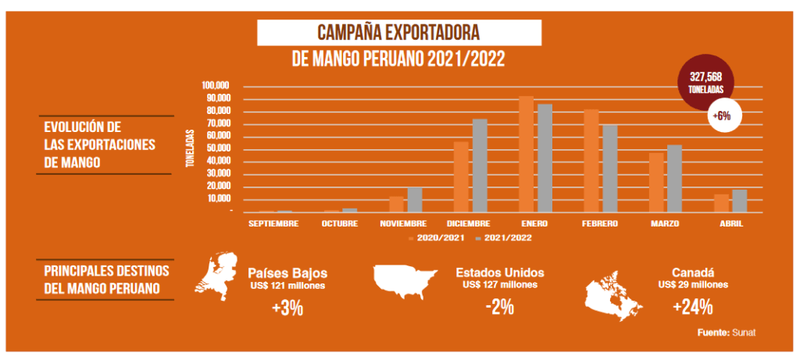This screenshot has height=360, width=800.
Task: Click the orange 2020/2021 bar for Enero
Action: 527,154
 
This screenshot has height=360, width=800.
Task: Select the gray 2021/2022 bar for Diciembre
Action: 480,166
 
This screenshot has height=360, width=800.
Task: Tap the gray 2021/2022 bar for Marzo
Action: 674,178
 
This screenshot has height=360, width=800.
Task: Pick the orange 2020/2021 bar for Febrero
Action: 591,160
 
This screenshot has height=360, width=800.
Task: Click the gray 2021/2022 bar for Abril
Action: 739,201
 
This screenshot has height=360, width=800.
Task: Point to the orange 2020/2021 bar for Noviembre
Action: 397,204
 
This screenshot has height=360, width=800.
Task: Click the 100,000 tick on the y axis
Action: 215,85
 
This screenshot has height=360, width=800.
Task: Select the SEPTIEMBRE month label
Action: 273,223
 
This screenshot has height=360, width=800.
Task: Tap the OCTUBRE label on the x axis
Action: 340,223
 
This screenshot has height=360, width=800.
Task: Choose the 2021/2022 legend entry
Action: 503,237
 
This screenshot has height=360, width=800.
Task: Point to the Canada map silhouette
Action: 614,293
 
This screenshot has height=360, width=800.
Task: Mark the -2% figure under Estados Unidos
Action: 499,307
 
